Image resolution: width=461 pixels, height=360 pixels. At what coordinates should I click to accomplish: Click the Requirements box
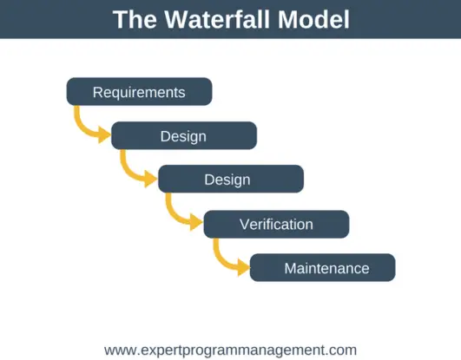click(x=139, y=92)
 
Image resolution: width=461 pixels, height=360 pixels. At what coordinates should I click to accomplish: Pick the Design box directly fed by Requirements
click(x=183, y=136)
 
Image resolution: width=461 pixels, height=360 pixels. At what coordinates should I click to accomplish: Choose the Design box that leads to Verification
click(x=230, y=180)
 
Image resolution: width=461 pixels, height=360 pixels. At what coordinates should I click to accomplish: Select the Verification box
click(x=276, y=224)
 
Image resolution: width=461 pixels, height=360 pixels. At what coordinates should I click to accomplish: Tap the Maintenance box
click(x=323, y=268)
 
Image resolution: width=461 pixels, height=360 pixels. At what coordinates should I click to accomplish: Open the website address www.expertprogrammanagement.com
click(x=230, y=350)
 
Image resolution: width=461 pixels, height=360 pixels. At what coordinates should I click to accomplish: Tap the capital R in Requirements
click(x=97, y=92)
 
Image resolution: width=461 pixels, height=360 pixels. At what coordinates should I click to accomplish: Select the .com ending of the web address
click(x=341, y=350)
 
